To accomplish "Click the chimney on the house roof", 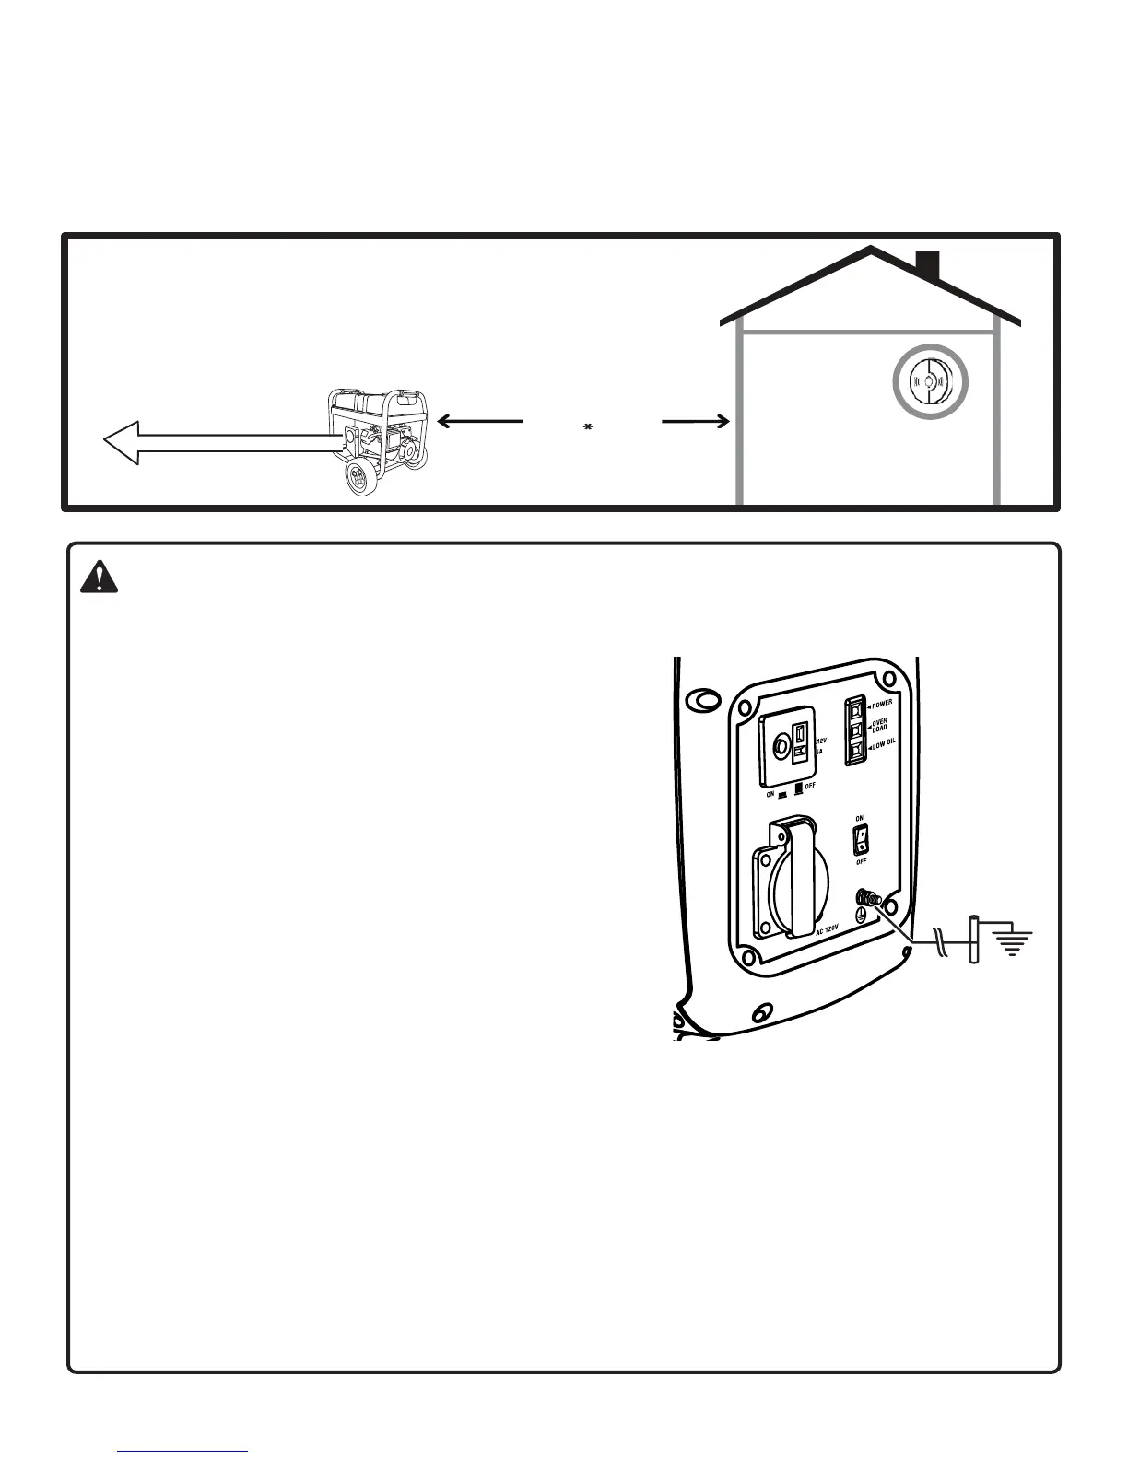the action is pyautogui.click(x=927, y=265).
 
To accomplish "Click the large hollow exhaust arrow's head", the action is pyautogui.click(x=123, y=442).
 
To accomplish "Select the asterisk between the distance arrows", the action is pyautogui.click(x=587, y=427).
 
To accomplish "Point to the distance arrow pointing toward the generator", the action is pyautogui.click(x=479, y=421).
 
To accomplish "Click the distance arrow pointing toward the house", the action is pyautogui.click(x=696, y=421).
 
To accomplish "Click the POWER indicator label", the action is pyautogui.click(x=882, y=704).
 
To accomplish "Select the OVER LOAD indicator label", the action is pyautogui.click(x=880, y=726).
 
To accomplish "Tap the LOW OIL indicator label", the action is pyautogui.click(x=883, y=747).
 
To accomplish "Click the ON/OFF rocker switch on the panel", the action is pyautogui.click(x=860, y=838).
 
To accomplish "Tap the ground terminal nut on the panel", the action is pyautogui.click(x=866, y=896).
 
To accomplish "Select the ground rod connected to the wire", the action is pyautogui.click(x=973, y=940).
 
